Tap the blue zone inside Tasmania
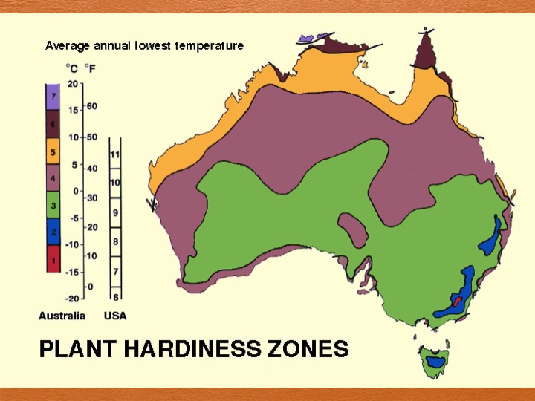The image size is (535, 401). coord(435,362)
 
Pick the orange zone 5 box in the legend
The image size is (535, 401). coord(53,152)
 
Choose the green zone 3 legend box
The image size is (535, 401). coord(53,203)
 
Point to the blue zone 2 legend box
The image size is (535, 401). coord(53,232)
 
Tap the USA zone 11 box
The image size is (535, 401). coord(115,154)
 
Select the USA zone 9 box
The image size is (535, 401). coord(115,212)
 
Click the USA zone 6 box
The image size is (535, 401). coord(115,296)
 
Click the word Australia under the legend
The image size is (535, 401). coord(62,316)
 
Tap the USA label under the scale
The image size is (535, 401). coord(115,316)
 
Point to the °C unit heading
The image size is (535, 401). coord(73,69)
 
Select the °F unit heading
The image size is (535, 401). coord(90,69)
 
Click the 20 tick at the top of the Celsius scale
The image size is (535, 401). coord(73,83)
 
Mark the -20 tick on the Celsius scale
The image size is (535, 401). coord(72,298)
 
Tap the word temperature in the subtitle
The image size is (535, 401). coord(210,46)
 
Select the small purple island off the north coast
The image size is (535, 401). coord(307,36)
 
